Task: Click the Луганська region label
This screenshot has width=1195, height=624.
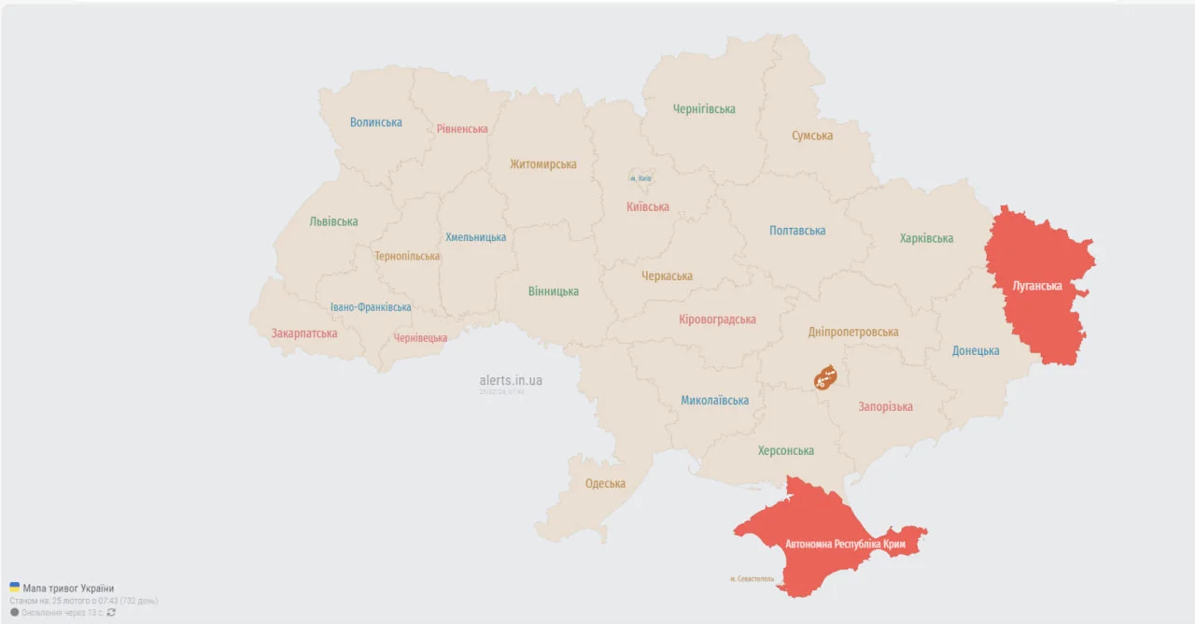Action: point(1037,286)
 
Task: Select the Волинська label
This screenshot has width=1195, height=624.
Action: point(376,122)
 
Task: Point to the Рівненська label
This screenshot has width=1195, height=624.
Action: point(462,129)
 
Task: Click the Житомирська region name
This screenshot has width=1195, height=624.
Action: point(543,164)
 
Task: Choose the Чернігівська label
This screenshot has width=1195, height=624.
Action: point(704,109)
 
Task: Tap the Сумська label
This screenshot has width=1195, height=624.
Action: point(812,135)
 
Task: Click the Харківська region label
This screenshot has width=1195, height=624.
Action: point(926,238)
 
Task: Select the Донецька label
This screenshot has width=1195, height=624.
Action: point(976,351)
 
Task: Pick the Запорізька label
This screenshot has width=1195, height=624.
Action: point(886,406)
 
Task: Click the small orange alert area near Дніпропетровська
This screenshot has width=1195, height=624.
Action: point(825,377)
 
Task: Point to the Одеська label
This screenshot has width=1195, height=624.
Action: point(605,483)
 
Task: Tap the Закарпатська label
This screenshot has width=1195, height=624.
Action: point(304,333)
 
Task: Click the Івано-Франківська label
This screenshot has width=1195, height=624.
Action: point(371,307)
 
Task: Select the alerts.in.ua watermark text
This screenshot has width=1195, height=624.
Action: point(511,380)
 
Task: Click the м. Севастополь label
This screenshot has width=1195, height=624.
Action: point(752,579)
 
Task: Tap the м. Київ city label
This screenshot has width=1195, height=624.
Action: point(640,177)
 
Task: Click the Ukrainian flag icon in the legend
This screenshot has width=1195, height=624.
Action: point(14,588)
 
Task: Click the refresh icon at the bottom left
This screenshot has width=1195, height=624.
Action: point(112,613)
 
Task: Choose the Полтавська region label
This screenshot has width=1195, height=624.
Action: point(797,231)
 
